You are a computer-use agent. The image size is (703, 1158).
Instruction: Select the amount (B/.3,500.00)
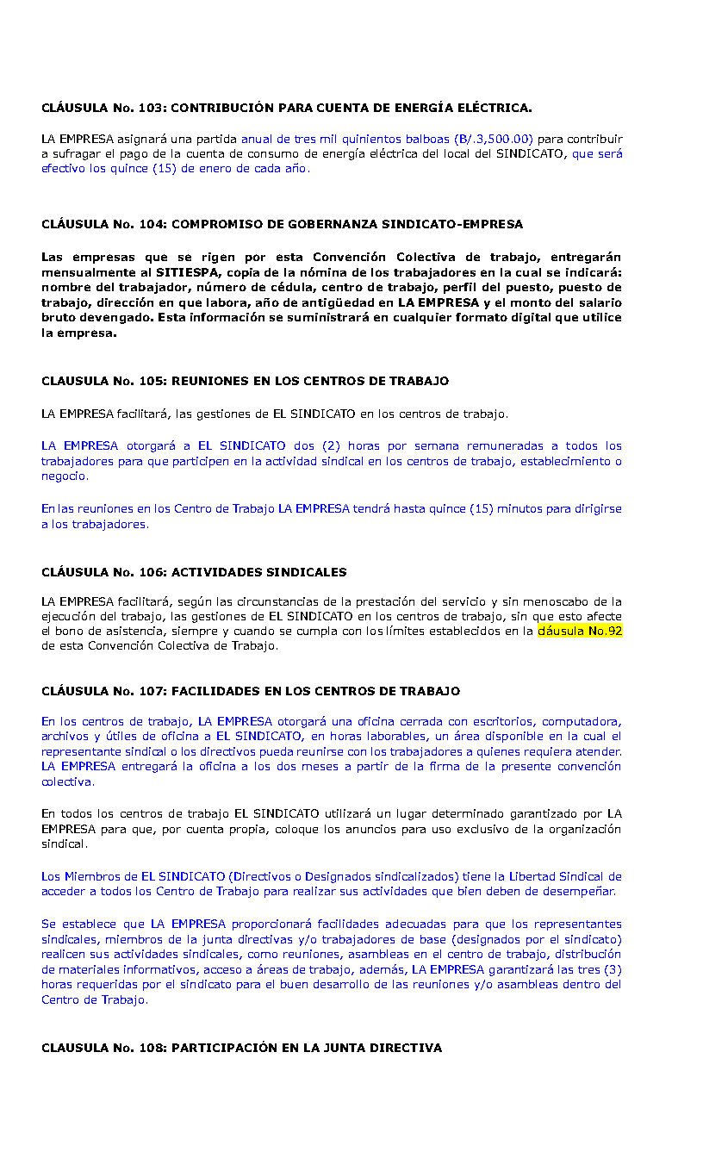(x=495, y=139)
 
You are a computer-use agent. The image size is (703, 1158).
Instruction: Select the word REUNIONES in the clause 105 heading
(x=207, y=381)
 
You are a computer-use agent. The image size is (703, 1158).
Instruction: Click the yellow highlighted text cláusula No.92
(x=580, y=631)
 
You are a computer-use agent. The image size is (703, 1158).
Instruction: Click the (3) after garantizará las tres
(x=613, y=968)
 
